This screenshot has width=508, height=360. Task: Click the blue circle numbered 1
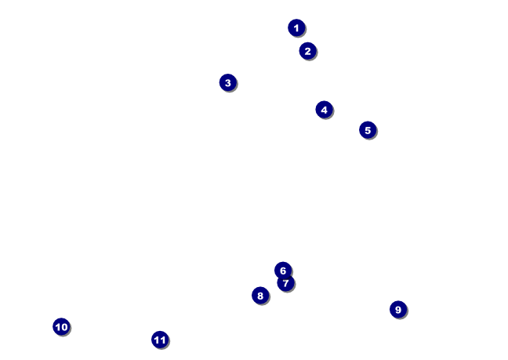point(296,27)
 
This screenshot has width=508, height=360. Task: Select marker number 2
point(307,51)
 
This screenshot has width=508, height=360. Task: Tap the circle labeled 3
point(228,82)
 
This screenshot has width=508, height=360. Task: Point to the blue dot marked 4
point(324,110)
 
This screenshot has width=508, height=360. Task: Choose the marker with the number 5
point(368,130)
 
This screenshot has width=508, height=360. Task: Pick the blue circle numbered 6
point(283,270)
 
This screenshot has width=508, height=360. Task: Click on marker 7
point(285,283)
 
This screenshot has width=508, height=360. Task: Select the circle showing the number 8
point(260,296)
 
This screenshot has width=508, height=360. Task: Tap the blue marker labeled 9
point(398,310)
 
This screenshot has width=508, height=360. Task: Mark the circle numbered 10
point(61,327)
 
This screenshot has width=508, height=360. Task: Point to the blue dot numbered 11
point(160,340)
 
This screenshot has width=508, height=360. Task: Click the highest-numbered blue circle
point(160,340)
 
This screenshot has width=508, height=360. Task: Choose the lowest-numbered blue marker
point(296,27)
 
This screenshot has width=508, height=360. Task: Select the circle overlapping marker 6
point(285,283)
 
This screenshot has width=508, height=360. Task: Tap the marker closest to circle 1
point(307,51)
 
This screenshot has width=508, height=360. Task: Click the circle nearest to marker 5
point(324,110)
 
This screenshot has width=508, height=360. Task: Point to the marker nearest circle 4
point(368,130)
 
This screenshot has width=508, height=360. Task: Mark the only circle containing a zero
point(61,327)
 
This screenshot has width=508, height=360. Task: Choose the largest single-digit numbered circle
point(398,310)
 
